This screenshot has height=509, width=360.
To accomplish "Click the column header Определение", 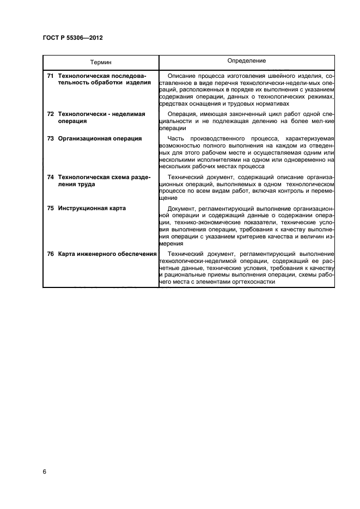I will pyautogui.click(x=246, y=61).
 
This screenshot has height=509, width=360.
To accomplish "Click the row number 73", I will pyautogui.click(x=51, y=139).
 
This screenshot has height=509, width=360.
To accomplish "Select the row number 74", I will pyautogui.click(x=51, y=177).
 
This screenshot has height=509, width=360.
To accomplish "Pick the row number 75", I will pyautogui.click(x=51, y=208).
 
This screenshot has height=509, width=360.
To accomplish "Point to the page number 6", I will pyautogui.click(x=45, y=471).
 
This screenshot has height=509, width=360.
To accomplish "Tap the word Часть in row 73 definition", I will pyautogui.click(x=177, y=139).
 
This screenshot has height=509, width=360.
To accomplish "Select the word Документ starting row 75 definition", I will pyautogui.click(x=183, y=208).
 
